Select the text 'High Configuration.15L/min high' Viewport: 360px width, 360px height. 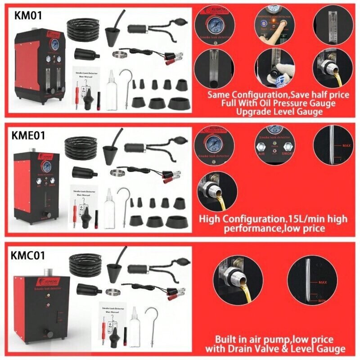(273, 219)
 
